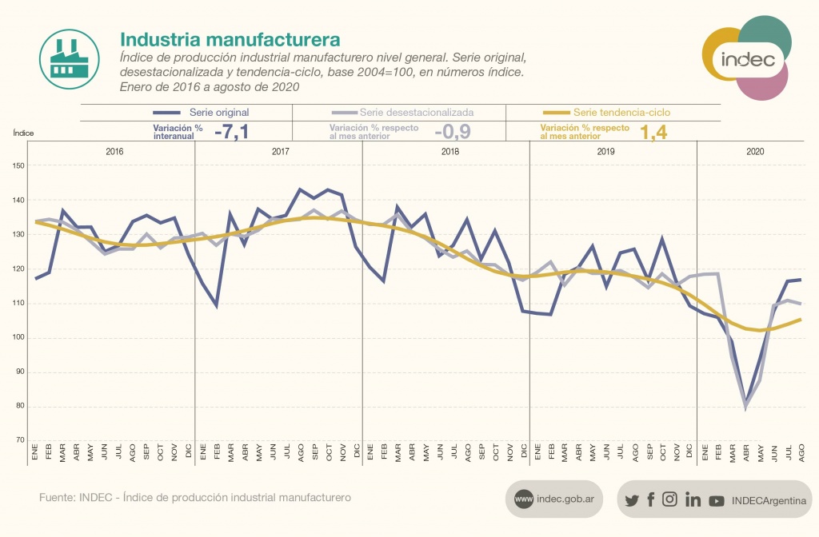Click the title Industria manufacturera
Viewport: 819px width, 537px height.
230,39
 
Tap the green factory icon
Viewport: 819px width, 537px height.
69,58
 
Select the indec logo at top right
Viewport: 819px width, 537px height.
747,60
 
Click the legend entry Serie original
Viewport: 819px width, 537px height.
219,113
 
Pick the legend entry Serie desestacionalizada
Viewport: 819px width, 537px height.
416,113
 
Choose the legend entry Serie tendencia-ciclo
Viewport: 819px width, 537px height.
621,113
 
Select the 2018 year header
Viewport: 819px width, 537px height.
446,151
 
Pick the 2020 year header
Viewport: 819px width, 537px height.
754,151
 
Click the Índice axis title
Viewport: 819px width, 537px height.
24,133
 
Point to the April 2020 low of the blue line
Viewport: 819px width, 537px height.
746,402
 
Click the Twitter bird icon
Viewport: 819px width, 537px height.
632,500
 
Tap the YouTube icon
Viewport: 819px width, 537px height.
717,500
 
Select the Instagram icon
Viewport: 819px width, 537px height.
670,499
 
